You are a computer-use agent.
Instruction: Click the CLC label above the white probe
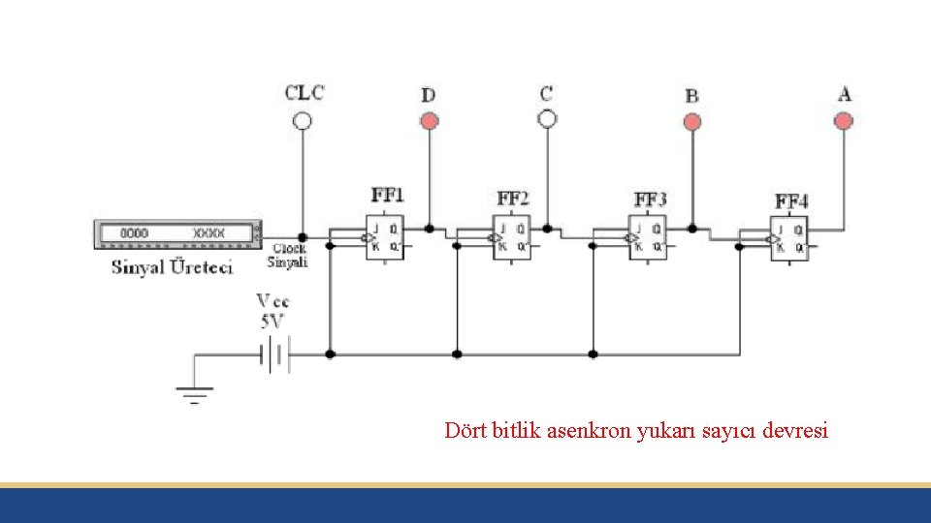304,93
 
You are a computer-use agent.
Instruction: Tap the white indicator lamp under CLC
303,121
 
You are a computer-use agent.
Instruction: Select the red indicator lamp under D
429,121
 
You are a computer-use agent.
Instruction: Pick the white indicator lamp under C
547,119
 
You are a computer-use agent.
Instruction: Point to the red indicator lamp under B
691,122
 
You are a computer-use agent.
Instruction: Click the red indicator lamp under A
844,121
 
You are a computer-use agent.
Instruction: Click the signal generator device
177,233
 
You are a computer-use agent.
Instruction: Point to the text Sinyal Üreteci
172,267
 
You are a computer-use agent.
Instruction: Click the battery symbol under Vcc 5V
274,355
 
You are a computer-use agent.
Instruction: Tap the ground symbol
194,393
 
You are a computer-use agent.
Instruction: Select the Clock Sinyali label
287,256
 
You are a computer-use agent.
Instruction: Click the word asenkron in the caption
590,431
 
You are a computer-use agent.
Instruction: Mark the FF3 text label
651,200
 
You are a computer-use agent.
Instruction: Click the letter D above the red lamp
428,95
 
